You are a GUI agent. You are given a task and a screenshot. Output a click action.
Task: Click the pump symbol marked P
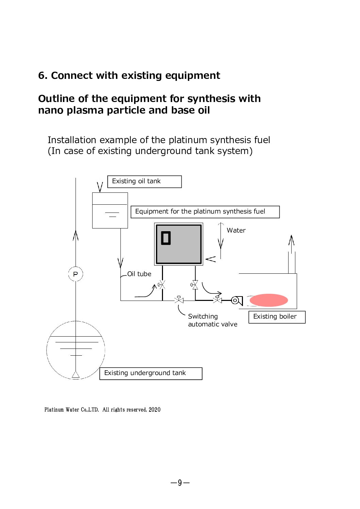76,274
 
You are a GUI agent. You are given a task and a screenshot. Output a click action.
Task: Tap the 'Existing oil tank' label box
144,181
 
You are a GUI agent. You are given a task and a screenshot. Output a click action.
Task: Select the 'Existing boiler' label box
277,317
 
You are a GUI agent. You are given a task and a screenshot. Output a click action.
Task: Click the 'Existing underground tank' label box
150,373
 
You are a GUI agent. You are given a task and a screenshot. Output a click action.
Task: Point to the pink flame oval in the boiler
268,300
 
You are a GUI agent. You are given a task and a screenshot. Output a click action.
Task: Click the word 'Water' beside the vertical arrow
236,230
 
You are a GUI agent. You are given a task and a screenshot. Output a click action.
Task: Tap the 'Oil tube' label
139,274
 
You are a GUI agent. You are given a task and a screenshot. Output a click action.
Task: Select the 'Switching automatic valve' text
212,320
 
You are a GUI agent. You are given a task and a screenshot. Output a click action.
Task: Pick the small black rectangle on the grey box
166,238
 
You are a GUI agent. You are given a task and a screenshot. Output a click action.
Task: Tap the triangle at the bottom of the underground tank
76,375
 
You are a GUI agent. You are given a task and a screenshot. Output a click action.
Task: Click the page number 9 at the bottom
180,482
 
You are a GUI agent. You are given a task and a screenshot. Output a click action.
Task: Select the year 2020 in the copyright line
154,410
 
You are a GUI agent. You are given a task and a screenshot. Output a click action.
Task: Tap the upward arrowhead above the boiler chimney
291,240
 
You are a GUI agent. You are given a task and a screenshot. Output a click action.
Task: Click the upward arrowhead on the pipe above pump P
76,235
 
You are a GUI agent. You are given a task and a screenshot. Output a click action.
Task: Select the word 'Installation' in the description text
72,140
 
